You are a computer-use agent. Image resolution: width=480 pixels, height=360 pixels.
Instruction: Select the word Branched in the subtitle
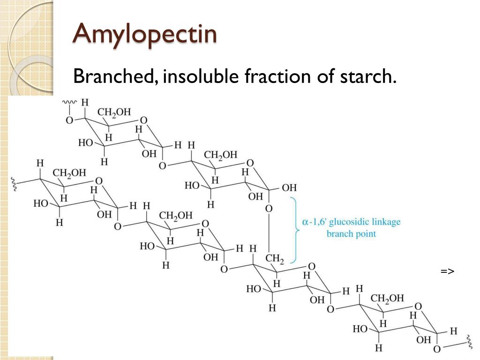(112, 76)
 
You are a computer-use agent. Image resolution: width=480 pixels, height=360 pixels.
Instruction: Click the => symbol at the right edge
(447, 271)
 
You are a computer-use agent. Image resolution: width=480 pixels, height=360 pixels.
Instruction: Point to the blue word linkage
(386, 221)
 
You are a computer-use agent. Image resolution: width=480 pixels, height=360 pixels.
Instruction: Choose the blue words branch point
(351, 233)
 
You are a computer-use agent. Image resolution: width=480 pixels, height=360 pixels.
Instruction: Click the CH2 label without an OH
(274, 259)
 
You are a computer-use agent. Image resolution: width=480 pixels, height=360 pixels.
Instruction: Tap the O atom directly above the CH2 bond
(269, 208)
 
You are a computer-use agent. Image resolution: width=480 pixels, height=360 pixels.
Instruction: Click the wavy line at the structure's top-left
(70, 101)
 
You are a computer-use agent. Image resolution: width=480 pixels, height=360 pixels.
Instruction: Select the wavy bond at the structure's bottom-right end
(469, 342)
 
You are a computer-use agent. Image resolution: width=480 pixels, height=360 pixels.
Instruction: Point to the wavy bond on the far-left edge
(15, 184)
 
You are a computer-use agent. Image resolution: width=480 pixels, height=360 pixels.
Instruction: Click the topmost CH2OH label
(114, 112)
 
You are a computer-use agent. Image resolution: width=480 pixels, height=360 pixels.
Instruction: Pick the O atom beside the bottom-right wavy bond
(437, 349)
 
